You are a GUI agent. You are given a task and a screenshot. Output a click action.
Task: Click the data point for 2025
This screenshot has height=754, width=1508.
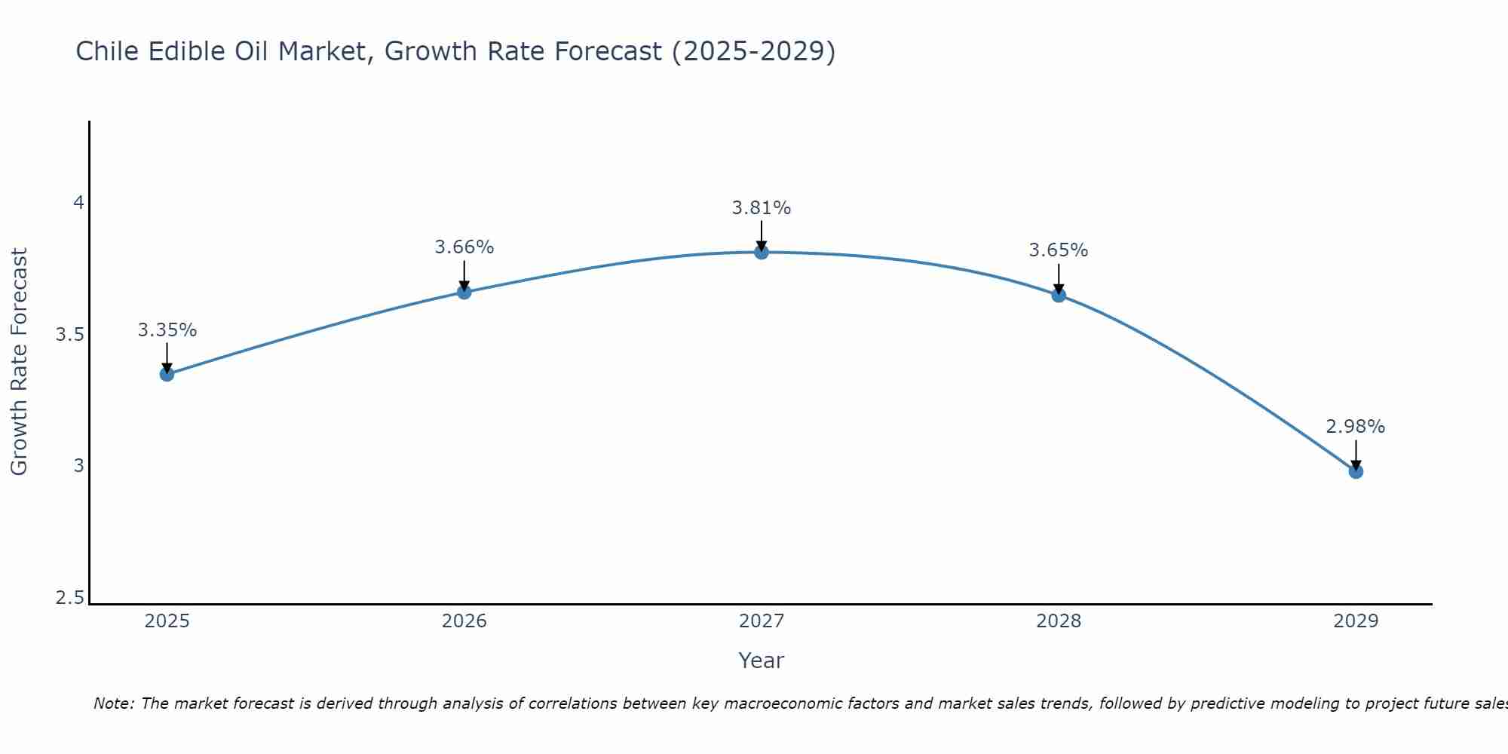[167, 374]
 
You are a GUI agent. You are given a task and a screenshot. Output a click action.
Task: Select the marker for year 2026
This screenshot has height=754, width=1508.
[464, 292]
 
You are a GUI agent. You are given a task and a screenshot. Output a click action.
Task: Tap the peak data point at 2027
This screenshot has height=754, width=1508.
[762, 252]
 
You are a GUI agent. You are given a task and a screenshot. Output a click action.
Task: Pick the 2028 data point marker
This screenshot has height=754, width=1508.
[1059, 295]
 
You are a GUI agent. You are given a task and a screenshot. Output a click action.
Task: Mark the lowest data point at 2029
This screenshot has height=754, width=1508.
[1356, 471]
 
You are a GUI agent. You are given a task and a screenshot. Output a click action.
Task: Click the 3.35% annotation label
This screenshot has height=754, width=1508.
[167, 330]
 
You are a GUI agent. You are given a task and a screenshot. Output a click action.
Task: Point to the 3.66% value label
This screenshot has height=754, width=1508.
[464, 247]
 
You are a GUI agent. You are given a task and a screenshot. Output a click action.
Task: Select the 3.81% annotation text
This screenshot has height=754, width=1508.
[762, 208]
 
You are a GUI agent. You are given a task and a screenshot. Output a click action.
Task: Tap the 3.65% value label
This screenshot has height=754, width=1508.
[1059, 250]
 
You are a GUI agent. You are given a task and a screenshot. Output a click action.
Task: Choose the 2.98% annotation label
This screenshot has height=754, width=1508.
[1356, 427]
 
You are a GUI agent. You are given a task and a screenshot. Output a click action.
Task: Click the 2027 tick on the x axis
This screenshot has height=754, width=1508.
[762, 621]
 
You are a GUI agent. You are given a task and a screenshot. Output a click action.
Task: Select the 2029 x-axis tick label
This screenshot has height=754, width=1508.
[1356, 621]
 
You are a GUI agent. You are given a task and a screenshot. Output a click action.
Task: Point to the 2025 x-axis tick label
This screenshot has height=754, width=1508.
[167, 621]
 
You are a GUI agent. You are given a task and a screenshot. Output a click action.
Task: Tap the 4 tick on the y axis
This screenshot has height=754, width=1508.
[78, 203]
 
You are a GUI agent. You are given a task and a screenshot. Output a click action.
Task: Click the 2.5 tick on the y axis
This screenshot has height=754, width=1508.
[70, 599]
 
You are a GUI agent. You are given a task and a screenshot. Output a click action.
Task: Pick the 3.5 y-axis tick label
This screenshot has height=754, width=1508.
[70, 335]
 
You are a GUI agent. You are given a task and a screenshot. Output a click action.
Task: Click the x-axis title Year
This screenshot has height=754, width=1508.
[762, 661]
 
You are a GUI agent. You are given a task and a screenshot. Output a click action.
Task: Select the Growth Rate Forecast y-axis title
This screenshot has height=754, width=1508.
[19, 362]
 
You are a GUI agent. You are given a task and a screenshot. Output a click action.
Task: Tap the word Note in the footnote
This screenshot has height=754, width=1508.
[113, 703]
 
